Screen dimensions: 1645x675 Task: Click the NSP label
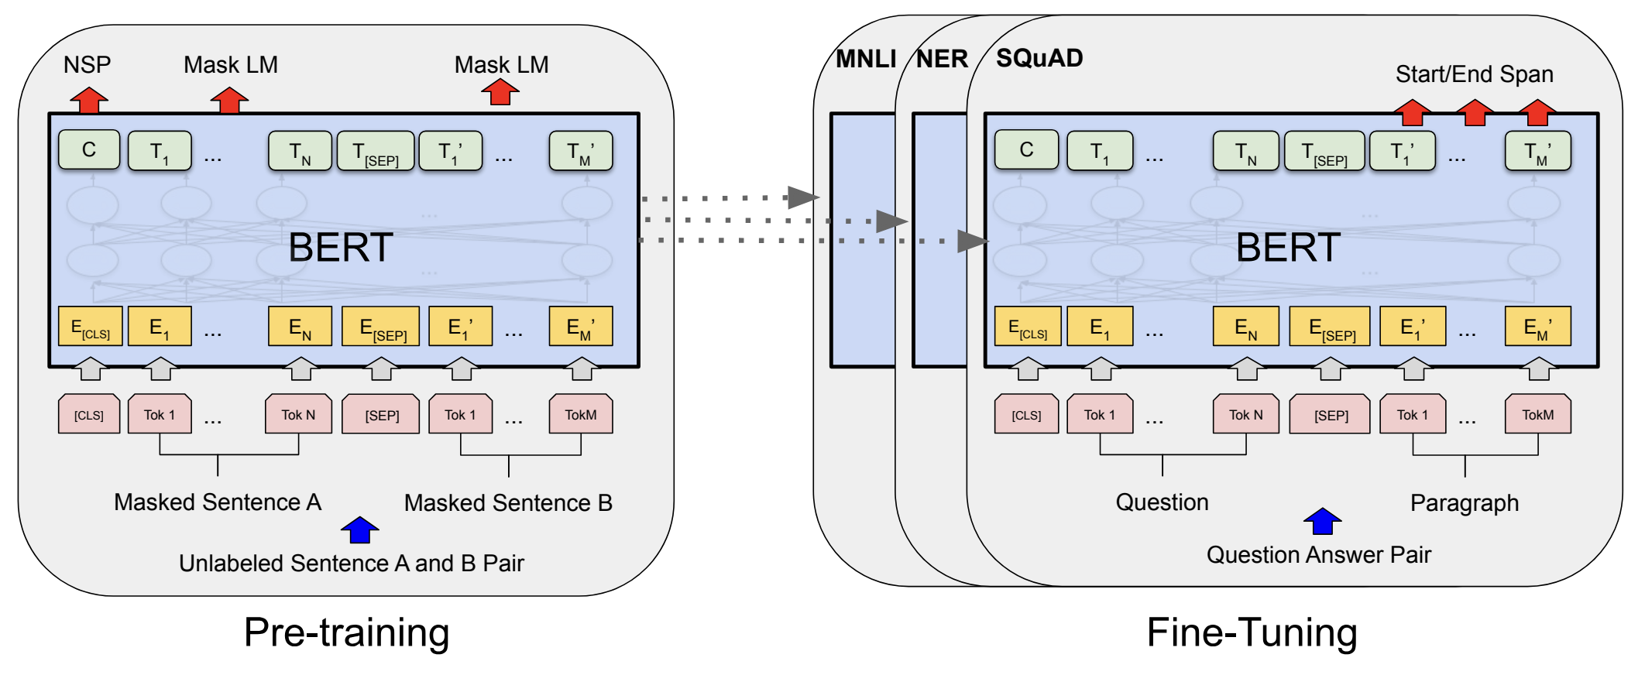87,64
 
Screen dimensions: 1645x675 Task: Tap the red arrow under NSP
89,100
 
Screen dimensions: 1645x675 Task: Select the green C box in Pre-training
89,149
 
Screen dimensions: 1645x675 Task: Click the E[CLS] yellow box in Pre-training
90,327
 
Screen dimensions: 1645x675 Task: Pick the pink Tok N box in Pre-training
298,414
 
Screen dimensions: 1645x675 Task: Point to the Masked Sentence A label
218,502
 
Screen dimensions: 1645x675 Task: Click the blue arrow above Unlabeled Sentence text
360,530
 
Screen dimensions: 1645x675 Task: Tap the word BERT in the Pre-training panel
341,248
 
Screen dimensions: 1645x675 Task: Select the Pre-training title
346,632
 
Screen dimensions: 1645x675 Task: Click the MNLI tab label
866,59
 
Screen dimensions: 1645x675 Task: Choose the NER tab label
942,59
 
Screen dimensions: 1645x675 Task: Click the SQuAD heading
1039,58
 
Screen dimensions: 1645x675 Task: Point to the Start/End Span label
1474,74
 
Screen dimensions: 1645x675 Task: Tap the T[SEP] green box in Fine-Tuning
1324,151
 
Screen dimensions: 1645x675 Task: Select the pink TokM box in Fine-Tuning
1537,414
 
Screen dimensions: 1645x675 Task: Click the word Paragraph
1464,503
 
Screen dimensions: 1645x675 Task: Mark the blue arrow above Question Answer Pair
1322,521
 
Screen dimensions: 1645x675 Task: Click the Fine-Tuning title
1252,632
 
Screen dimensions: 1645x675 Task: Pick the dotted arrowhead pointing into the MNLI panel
803,197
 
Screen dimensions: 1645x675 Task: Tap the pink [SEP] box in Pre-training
382,414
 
